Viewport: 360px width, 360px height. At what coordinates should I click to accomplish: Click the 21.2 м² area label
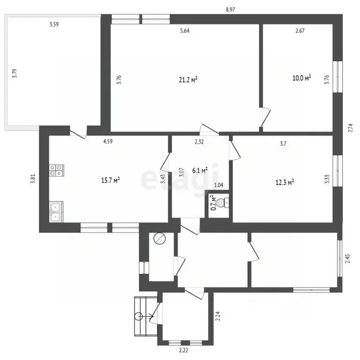[x=188, y=80]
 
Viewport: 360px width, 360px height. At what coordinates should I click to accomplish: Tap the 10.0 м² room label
[x=301, y=78]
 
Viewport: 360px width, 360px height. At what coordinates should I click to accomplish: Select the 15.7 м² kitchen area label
[x=110, y=180]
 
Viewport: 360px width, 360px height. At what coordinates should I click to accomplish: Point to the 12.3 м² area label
[x=285, y=182]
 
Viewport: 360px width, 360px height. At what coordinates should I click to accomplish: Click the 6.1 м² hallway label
[x=200, y=170]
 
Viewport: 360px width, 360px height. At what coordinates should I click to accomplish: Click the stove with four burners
[x=56, y=170]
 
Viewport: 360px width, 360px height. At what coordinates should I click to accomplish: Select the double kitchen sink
[x=56, y=212]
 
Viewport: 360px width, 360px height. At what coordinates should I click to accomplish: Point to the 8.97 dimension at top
[x=230, y=10]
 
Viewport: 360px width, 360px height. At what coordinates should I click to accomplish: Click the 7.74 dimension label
[x=350, y=128]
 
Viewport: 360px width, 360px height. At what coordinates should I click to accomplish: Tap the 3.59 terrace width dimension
[x=54, y=24]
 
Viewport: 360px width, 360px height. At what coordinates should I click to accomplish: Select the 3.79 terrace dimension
[x=15, y=74]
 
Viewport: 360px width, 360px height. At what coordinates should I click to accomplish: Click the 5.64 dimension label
[x=185, y=31]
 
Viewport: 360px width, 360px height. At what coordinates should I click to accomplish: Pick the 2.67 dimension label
[x=300, y=31]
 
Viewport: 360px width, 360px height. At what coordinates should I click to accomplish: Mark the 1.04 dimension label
[x=218, y=185]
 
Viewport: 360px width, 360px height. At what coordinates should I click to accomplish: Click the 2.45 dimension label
[x=348, y=259]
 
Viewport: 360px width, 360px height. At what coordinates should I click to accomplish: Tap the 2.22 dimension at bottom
[x=183, y=350]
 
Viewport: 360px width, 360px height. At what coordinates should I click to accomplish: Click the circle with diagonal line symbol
[x=159, y=239]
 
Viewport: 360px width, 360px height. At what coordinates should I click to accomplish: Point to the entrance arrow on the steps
[x=144, y=316]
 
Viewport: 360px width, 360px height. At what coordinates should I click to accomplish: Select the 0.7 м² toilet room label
[x=214, y=202]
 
